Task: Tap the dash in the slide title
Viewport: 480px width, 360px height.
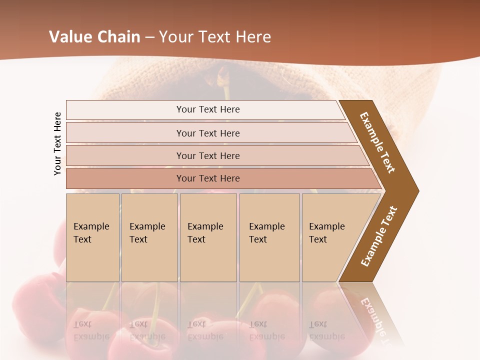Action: point(149,37)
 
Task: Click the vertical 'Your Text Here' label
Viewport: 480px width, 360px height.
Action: point(57,143)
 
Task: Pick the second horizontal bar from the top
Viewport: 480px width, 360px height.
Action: point(208,133)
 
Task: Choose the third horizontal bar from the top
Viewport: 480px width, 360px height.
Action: point(208,155)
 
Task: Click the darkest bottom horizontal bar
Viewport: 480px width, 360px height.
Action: point(208,178)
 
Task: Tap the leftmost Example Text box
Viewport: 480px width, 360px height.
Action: point(92,237)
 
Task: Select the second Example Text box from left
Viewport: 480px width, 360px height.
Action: point(149,237)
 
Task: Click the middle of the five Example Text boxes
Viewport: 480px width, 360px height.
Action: point(208,237)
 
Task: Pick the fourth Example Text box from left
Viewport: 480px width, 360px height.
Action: point(269,237)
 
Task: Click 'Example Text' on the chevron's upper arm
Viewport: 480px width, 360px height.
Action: point(377,142)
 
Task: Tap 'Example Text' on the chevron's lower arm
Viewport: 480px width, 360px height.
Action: point(378,236)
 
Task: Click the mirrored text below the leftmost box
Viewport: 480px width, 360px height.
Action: point(91,330)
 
